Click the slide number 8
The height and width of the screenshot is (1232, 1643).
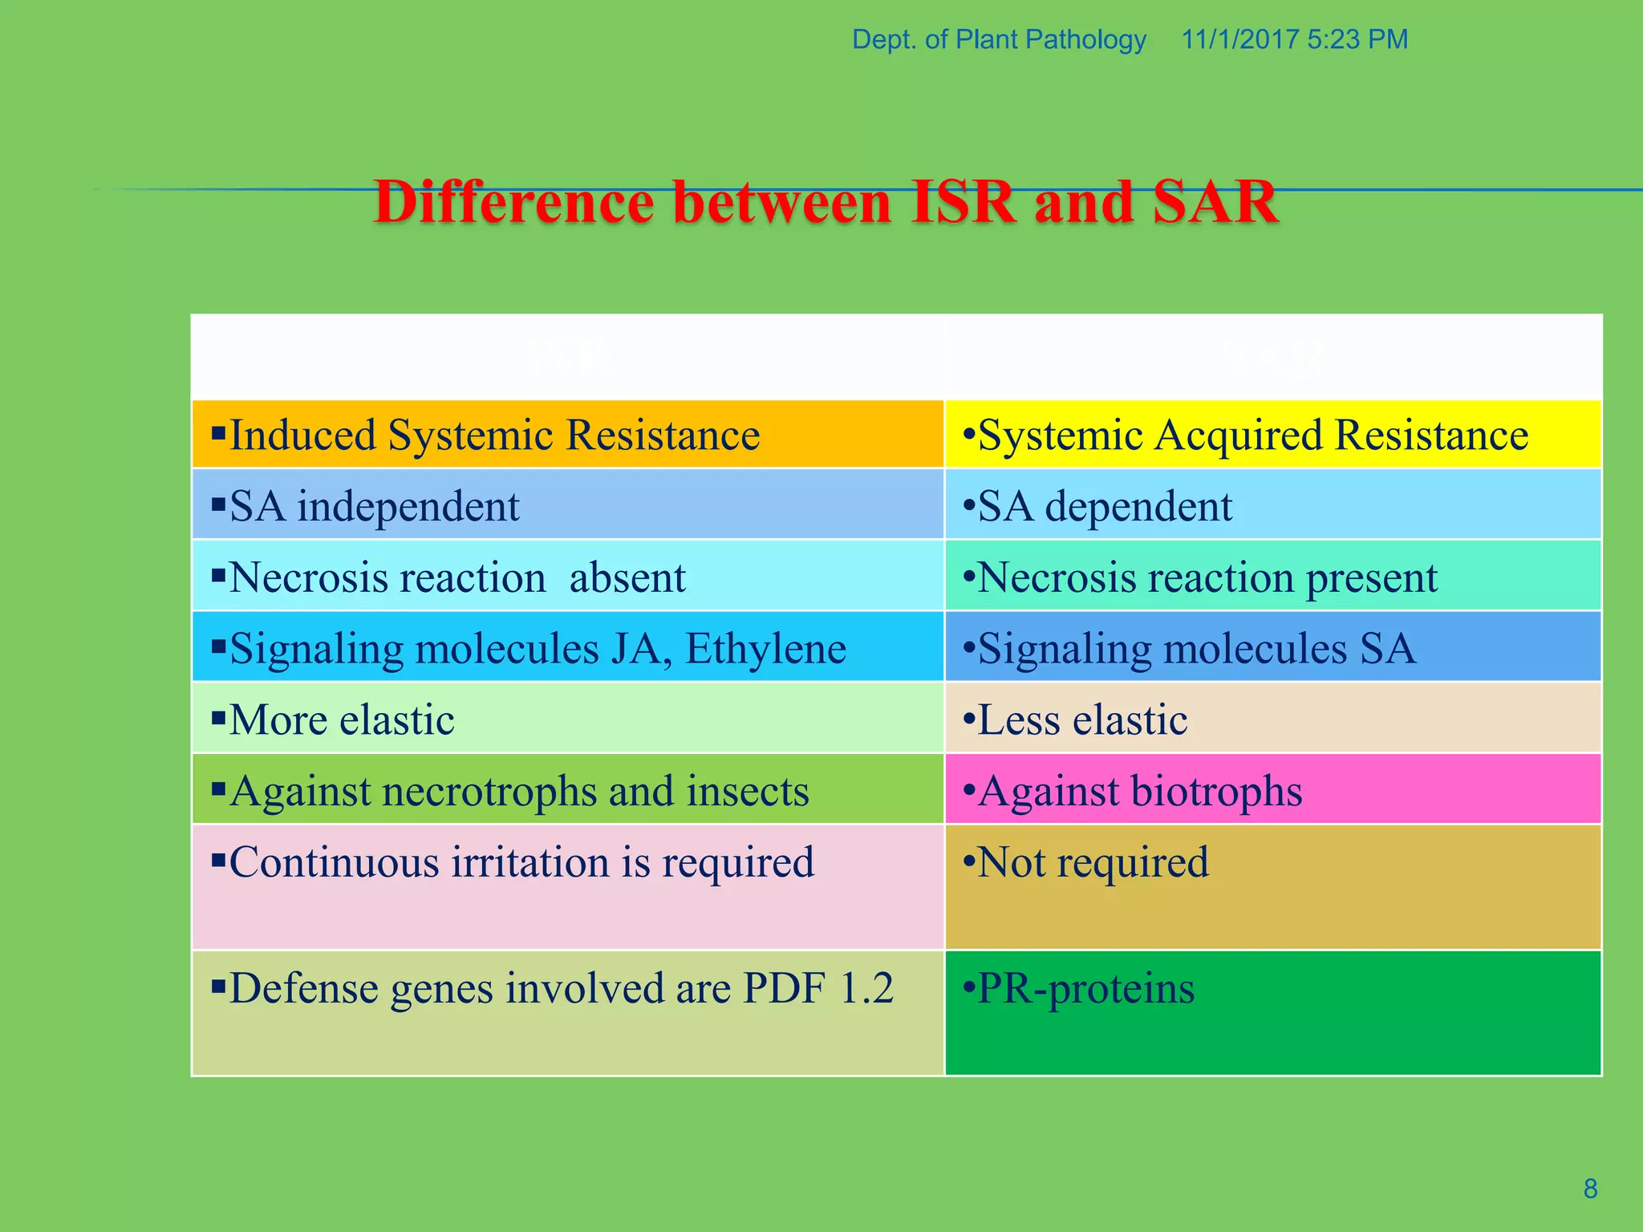click(1590, 1189)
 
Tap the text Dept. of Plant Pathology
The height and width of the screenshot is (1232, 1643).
click(999, 39)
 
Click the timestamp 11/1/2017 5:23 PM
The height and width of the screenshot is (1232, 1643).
click(1294, 39)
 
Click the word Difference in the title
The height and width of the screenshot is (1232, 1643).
click(513, 202)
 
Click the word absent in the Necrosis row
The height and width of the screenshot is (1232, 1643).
click(627, 578)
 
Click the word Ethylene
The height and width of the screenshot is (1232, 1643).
click(765, 649)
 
